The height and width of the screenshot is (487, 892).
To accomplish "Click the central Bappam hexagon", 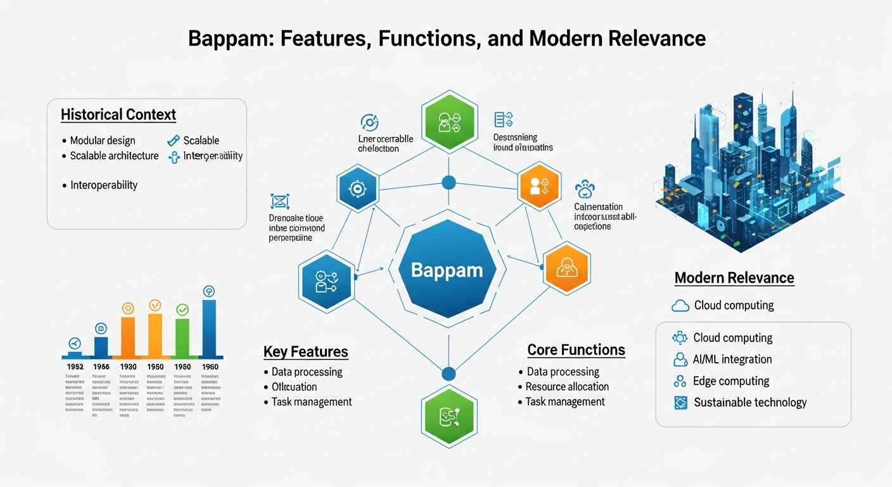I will [x=447, y=269].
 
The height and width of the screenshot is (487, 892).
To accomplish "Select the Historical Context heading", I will [x=118, y=115].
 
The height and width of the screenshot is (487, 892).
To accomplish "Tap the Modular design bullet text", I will [x=103, y=140].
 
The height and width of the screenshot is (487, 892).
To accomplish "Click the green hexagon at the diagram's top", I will [x=449, y=120].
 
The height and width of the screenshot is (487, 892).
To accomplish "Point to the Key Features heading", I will [x=306, y=351].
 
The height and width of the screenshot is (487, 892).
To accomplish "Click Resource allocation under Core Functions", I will [x=567, y=386].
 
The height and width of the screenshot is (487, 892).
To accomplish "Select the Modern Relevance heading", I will [x=734, y=277].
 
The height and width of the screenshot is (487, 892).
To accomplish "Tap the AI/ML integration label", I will [x=732, y=359].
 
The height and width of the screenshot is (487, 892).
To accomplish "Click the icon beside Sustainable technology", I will [x=680, y=402].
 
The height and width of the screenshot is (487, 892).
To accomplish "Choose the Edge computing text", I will [x=731, y=380].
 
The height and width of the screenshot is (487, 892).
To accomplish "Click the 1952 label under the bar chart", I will [x=75, y=367].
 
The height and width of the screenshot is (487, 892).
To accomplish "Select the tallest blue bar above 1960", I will [x=208, y=328].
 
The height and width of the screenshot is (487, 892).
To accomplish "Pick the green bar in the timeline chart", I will [x=182, y=337].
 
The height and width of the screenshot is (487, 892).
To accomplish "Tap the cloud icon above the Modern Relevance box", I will [x=680, y=306].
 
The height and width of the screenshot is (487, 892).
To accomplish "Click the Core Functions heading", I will [x=576, y=349].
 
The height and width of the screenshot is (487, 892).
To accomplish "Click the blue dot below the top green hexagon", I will [x=449, y=183].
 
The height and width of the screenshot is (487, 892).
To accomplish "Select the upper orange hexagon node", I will [x=540, y=185].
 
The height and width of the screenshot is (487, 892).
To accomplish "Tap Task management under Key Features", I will [x=312, y=401].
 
